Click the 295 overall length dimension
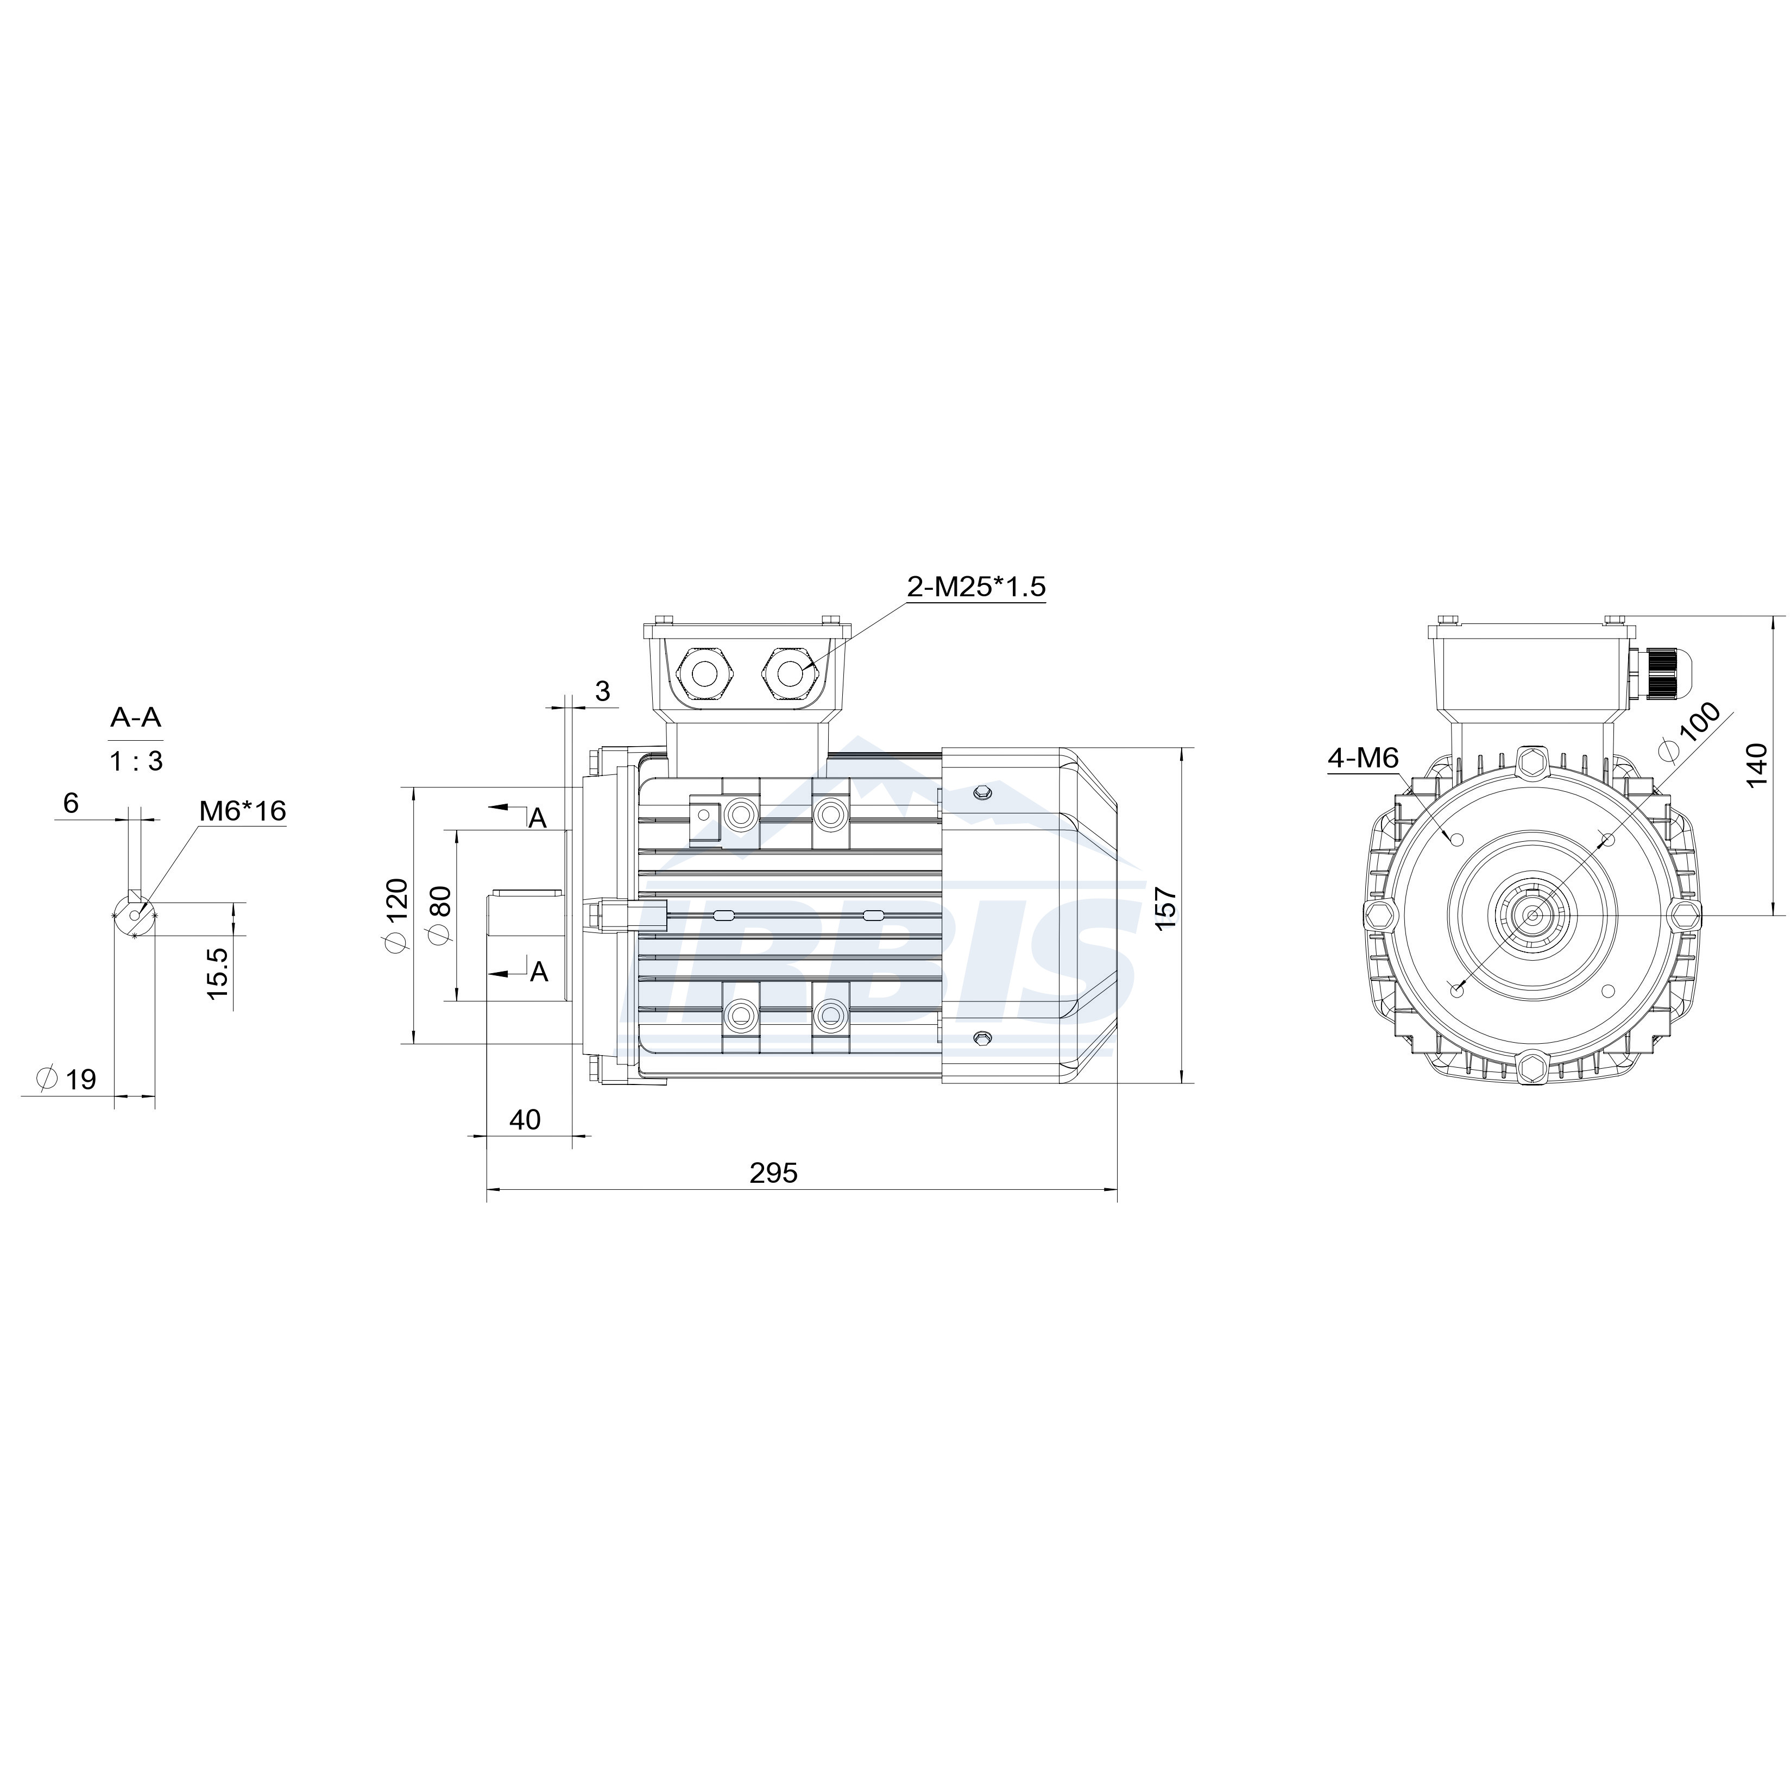point(773,1174)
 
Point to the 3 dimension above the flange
point(603,691)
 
